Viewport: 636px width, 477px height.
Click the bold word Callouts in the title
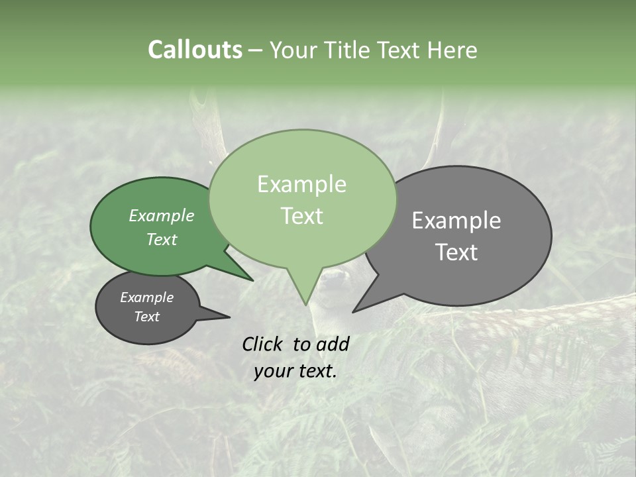pyautogui.click(x=195, y=50)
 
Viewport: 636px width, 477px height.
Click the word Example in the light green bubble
pyautogui.click(x=301, y=184)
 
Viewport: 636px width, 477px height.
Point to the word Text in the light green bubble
pyautogui.click(x=301, y=216)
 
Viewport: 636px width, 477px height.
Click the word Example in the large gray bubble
pyautogui.click(x=456, y=221)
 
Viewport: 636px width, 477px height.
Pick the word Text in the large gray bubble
pyautogui.click(x=456, y=252)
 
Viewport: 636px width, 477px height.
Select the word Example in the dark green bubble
pyautogui.click(x=161, y=215)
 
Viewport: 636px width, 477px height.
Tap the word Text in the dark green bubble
pyautogui.click(x=161, y=240)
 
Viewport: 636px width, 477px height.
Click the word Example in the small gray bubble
pyautogui.click(x=146, y=297)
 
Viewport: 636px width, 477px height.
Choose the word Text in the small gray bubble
pyautogui.click(x=146, y=317)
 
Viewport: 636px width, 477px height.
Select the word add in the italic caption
pyautogui.click(x=333, y=344)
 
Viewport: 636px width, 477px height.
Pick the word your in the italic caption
pyautogui.click(x=273, y=371)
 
